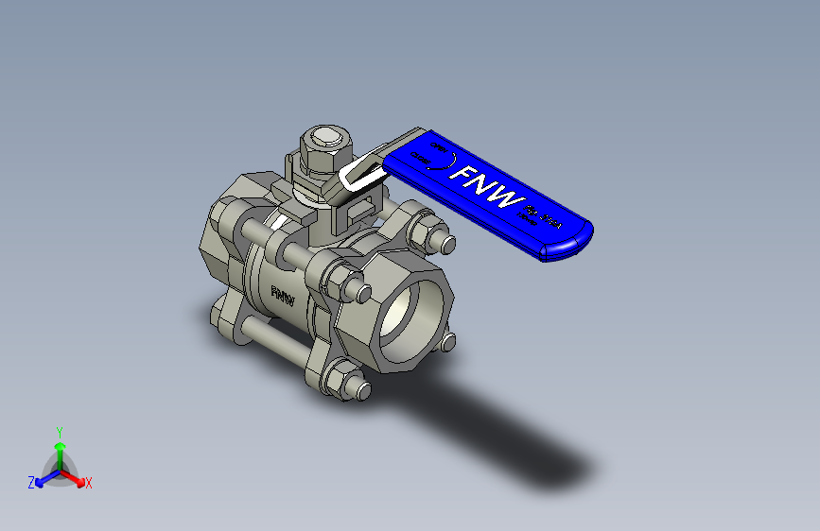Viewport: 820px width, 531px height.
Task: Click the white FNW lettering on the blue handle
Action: click(x=487, y=188)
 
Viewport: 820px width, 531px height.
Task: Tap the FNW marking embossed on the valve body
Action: click(x=282, y=294)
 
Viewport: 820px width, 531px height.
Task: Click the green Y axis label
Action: click(x=59, y=431)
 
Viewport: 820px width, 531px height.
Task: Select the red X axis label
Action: click(x=89, y=483)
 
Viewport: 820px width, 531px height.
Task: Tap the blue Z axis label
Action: click(x=31, y=483)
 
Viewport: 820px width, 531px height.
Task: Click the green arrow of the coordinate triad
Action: click(x=60, y=448)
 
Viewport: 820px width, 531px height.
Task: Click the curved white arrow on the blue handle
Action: click(x=443, y=161)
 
